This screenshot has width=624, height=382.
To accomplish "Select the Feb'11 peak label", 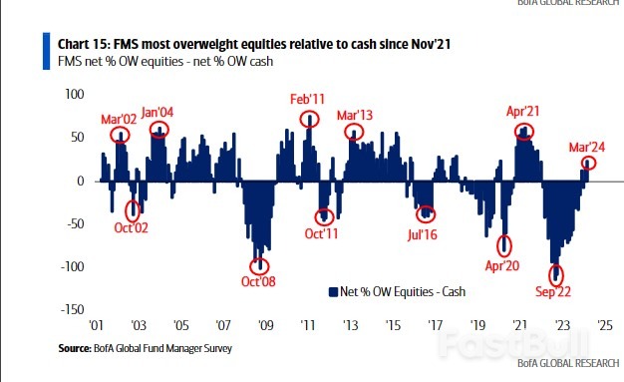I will point(309,100).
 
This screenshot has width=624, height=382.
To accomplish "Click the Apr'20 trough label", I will point(504,267).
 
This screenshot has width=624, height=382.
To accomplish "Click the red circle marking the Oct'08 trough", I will point(259,265).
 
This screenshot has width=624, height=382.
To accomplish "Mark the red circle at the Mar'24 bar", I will point(589,163).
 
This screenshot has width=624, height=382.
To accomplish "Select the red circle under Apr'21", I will point(523,132).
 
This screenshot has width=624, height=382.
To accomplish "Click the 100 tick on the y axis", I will point(75,95).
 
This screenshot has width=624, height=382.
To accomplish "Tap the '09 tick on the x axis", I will point(265,325).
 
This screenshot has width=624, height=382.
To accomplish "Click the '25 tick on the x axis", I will point(604,325).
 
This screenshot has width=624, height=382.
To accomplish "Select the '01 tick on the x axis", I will point(97,325).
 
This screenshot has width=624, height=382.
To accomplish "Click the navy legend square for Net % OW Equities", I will point(333,292).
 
